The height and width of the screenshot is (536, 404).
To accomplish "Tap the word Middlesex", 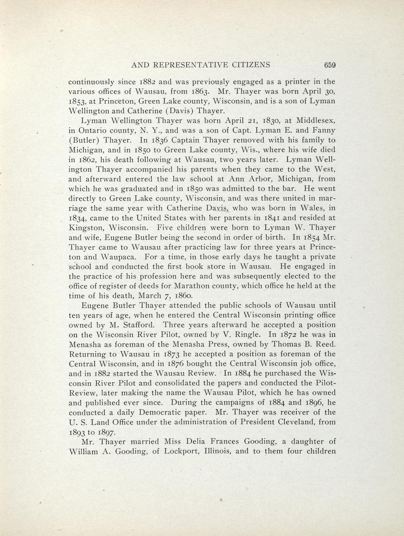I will pos(312,121).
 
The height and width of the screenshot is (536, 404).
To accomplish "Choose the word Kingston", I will pos(86,228).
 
